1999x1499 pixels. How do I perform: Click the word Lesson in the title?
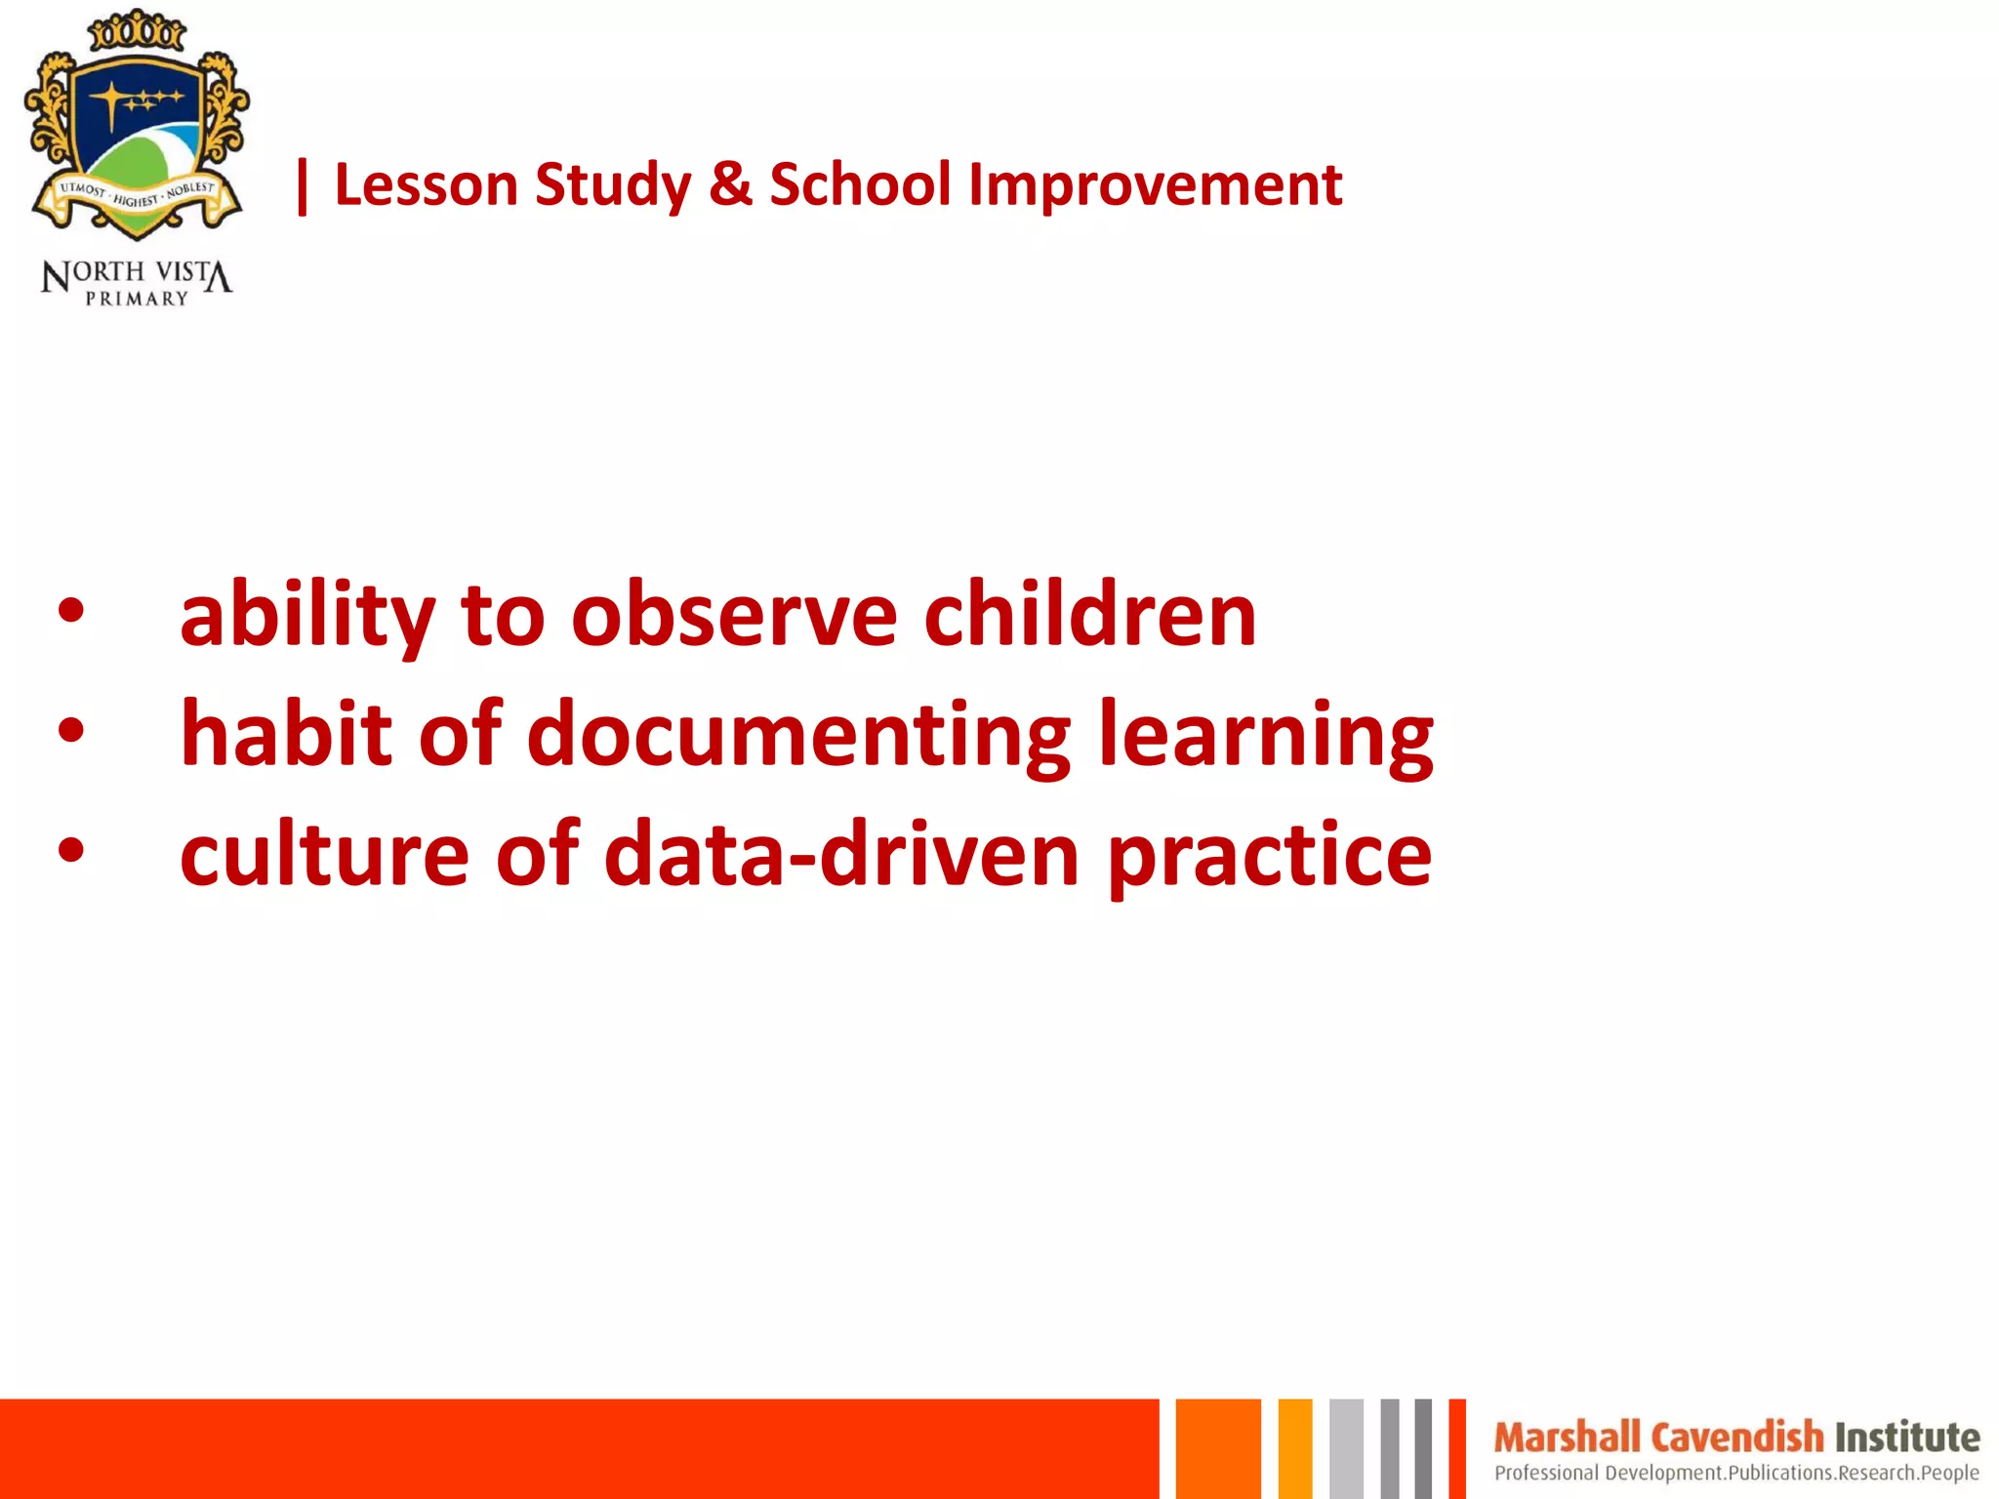pos(426,184)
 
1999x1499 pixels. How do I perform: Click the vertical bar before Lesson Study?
pos(302,185)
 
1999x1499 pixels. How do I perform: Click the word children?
pos(1089,614)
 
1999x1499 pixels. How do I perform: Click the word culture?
pos(324,855)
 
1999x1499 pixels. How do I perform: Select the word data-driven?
pos(841,853)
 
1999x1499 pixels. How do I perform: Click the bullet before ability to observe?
pos(71,612)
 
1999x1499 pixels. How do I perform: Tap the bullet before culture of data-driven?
pos(71,851)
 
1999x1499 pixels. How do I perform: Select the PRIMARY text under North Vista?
pos(137,299)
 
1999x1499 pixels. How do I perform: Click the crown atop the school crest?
pos(137,32)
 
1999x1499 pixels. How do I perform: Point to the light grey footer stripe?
pos(1346,1448)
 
